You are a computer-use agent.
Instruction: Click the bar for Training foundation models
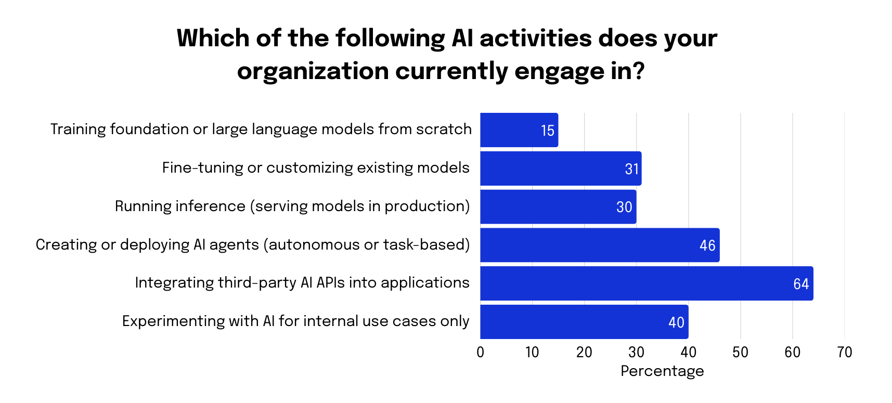click(519, 130)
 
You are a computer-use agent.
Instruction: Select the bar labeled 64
click(646, 283)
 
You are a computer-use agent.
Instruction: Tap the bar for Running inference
click(558, 207)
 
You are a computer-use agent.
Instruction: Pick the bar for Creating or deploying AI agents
click(599, 245)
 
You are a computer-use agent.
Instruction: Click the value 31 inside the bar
click(631, 169)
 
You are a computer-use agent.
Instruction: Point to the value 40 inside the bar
click(676, 322)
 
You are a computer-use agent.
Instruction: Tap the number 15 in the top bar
click(547, 131)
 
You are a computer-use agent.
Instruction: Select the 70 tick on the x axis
click(844, 353)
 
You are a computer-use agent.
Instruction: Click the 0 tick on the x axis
click(480, 353)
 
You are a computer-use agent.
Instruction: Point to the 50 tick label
click(740, 353)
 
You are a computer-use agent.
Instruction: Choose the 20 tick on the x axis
click(584, 353)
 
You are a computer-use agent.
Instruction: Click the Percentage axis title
click(662, 371)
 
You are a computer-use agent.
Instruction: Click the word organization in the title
click(313, 71)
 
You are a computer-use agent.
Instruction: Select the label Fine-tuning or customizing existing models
click(316, 167)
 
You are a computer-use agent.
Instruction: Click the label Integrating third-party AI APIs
click(302, 282)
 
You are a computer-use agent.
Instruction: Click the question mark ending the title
click(639, 71)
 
